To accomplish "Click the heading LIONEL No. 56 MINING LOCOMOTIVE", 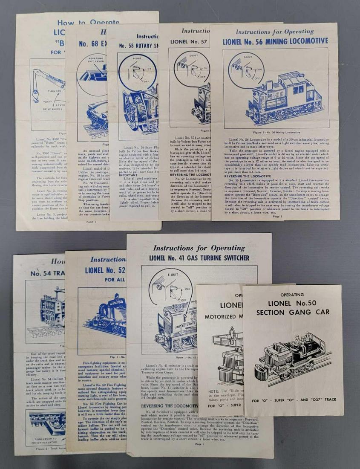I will click(275, 41).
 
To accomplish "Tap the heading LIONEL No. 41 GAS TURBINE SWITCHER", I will click(199, 258).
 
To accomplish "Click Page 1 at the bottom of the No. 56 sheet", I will click(277, 216).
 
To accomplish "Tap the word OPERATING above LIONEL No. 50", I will click(292, 295).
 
